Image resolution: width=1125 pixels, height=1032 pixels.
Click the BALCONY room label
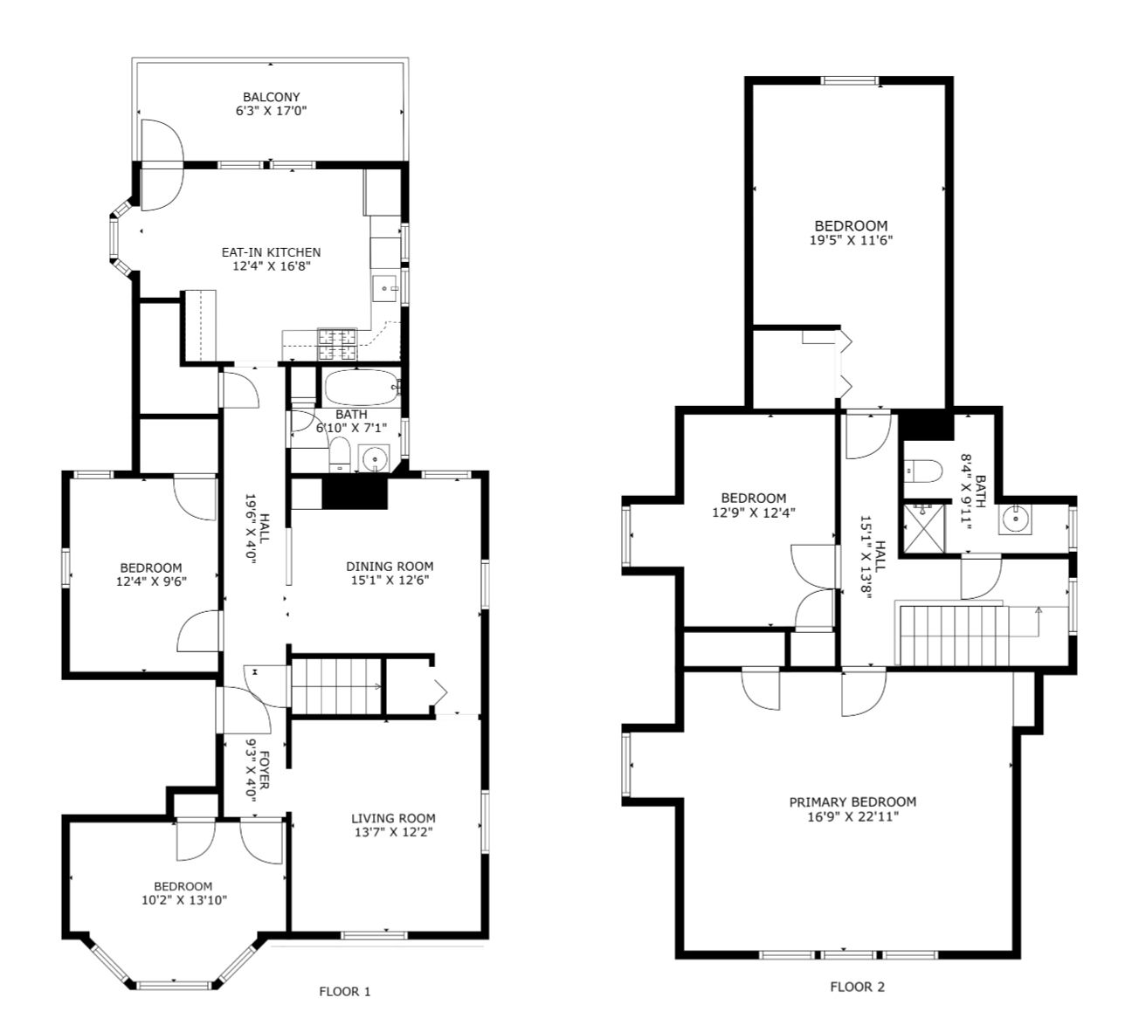[272, 97]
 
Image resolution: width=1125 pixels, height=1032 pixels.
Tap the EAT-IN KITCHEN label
[272, 252]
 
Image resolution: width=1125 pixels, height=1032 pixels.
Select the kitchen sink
[385, 288]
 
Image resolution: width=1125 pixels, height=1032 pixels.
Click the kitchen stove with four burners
[338, 344]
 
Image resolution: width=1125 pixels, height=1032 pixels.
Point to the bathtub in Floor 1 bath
[362, 388]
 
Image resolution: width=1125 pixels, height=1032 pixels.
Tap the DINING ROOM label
[390, 566]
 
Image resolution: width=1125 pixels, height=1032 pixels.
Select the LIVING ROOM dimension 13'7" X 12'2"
[394, 832]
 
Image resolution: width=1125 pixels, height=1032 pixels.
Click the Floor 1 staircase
[336, 686]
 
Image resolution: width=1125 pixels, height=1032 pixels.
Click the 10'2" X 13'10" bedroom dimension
[184, 900]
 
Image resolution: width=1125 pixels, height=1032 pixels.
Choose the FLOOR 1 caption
[345, 992]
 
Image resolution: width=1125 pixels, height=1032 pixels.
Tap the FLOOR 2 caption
[858, 987]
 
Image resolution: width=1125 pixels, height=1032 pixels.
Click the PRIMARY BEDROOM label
[853, 802]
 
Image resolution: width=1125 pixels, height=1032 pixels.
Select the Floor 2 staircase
[954, 635]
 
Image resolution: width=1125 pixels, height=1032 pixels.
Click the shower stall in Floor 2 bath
[923, 528]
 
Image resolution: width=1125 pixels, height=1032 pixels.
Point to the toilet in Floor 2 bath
[922, 471]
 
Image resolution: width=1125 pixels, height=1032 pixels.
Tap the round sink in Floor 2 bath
[1016, 519]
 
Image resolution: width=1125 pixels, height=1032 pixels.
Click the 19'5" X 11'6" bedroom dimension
[852, 240]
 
